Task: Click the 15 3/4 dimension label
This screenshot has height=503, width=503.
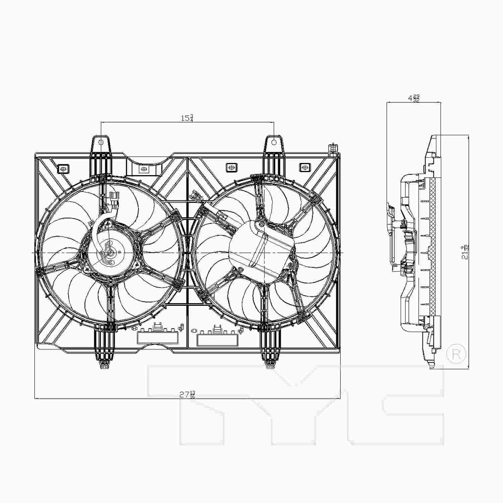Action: coord(187,118)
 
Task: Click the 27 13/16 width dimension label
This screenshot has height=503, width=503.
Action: coord(187,394)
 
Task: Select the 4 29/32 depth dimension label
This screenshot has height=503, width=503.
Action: coord(413,98)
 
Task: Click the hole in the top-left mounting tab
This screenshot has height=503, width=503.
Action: coord(101,142)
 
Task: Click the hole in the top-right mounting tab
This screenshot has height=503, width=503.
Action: coord(274,142)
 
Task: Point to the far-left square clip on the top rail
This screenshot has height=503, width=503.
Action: coord(63,168)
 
